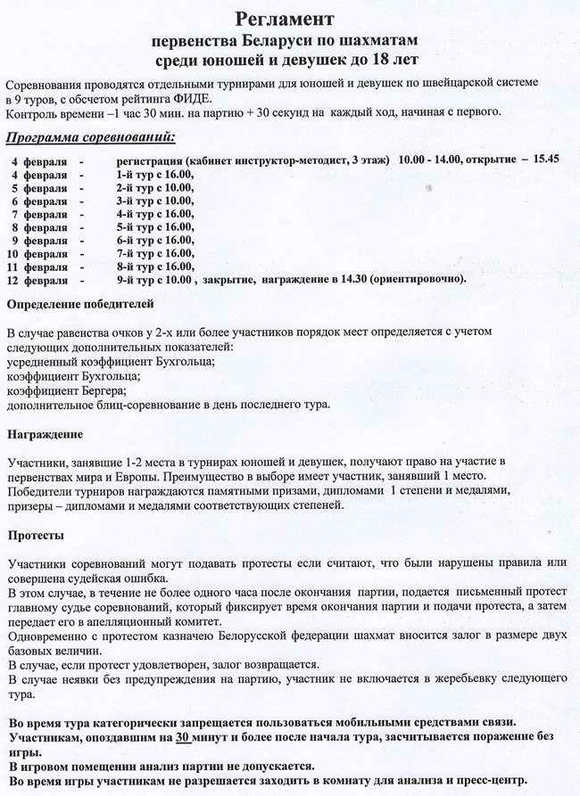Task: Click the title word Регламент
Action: click(290, 19)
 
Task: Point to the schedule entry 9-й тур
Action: click(137, 280)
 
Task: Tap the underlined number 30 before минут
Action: click(183, 739)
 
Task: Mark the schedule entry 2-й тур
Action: click(137, 186)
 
